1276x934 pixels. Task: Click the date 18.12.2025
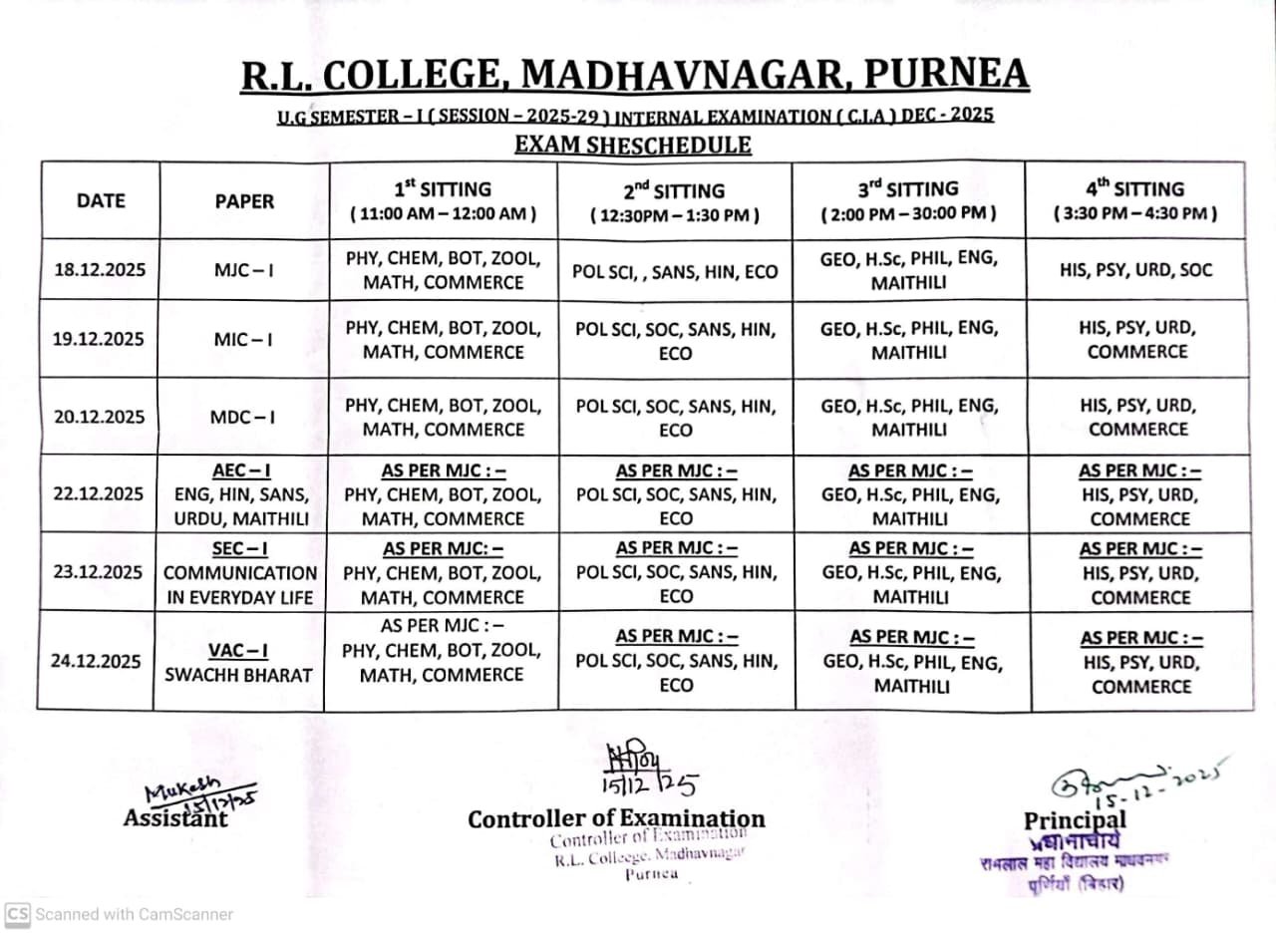pos(98,270)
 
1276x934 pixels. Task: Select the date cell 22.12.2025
pos(98,494)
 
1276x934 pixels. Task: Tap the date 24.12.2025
pos(98,661)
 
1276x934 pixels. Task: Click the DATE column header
pos(101,200)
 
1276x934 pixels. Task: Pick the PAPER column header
pos(243,200)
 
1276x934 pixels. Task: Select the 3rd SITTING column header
pos(908,200)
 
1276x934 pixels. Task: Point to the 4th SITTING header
pos(1135,200)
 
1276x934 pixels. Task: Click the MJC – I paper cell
pos(243,270)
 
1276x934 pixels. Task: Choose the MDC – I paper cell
pos(243,417)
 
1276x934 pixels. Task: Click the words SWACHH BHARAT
pos(238,675)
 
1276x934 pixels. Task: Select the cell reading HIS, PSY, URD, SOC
pos(1135,270)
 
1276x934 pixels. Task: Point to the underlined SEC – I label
pos(240,548)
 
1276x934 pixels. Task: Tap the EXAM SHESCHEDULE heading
pos(632,145)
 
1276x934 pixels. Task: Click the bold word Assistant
pos(175,818)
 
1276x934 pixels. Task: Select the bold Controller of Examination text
pos(616,818)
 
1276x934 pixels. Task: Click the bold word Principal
pos(1075,820)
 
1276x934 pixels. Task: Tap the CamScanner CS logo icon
pos(17,913)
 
